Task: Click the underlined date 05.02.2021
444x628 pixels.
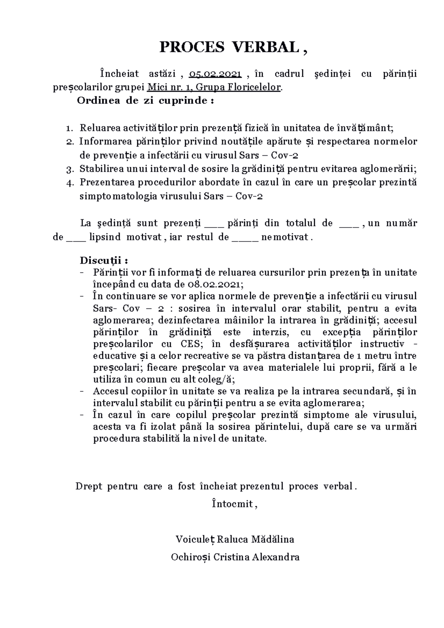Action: [x=215, y=74]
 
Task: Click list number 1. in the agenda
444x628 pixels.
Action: [x=69, y=129]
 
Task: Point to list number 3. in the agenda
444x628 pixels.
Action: [x=69, y=170]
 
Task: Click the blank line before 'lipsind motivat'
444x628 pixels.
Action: [x=75, y=237]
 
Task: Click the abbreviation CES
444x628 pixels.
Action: [x=191, y=344]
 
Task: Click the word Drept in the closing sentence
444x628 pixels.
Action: [x=88, y=486]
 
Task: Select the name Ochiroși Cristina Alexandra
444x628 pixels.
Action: [x=235, y=557]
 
